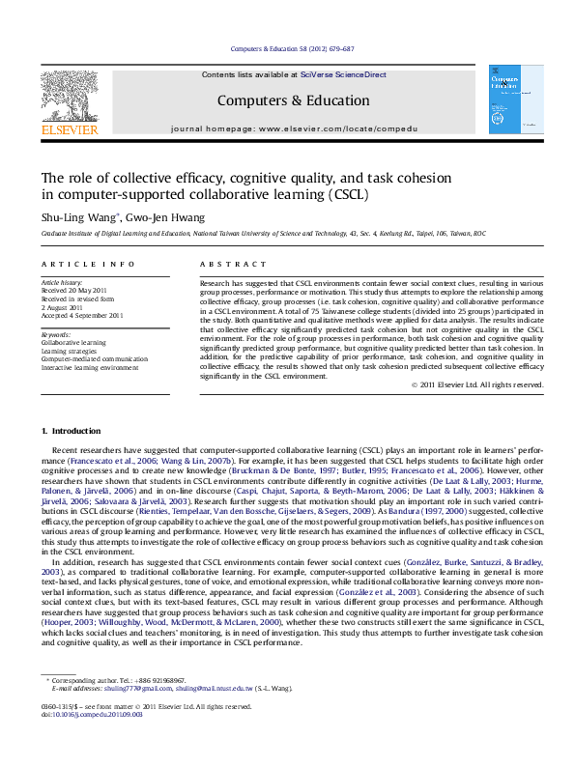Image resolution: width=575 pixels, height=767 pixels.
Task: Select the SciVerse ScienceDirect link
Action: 343,74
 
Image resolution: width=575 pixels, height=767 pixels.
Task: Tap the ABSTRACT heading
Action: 233,265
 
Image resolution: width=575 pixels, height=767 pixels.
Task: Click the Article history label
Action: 62,281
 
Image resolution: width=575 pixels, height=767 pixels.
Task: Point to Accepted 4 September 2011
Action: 82,315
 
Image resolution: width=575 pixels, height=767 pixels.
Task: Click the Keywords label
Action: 57,333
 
